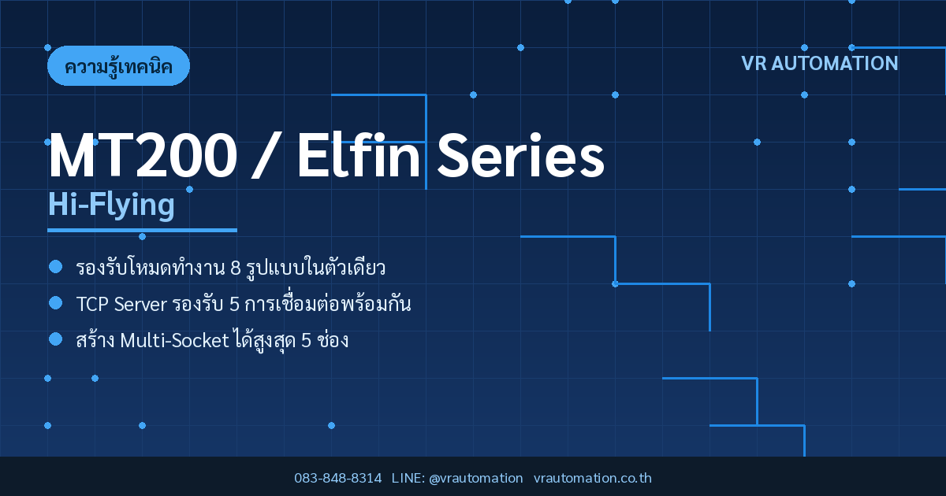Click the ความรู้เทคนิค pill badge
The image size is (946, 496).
click(118, 66)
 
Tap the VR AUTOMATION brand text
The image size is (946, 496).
click(820, 64)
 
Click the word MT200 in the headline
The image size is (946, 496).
click(143, 155)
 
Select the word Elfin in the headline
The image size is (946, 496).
click(359, 154)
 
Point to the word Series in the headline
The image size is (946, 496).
click(521, 155)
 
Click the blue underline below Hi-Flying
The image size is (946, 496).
click(142, 230)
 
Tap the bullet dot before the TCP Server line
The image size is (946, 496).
click(56, 303)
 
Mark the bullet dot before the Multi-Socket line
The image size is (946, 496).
click(56, 339)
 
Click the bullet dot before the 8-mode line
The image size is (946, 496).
click(56, 267)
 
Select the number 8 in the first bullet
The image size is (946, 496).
click(235, 268)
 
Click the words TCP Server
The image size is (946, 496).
click(121, 305)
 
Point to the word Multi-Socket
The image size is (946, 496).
click(174, 341)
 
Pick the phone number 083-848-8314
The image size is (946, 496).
click(338, 478)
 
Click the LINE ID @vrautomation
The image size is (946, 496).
click(475, 479)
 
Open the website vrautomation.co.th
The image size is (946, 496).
click(593, 478)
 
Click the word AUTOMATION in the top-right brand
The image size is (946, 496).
click(835, 64)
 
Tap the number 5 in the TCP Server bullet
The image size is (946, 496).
click(234, 305)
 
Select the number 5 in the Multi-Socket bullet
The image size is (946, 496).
click(306, 341)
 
